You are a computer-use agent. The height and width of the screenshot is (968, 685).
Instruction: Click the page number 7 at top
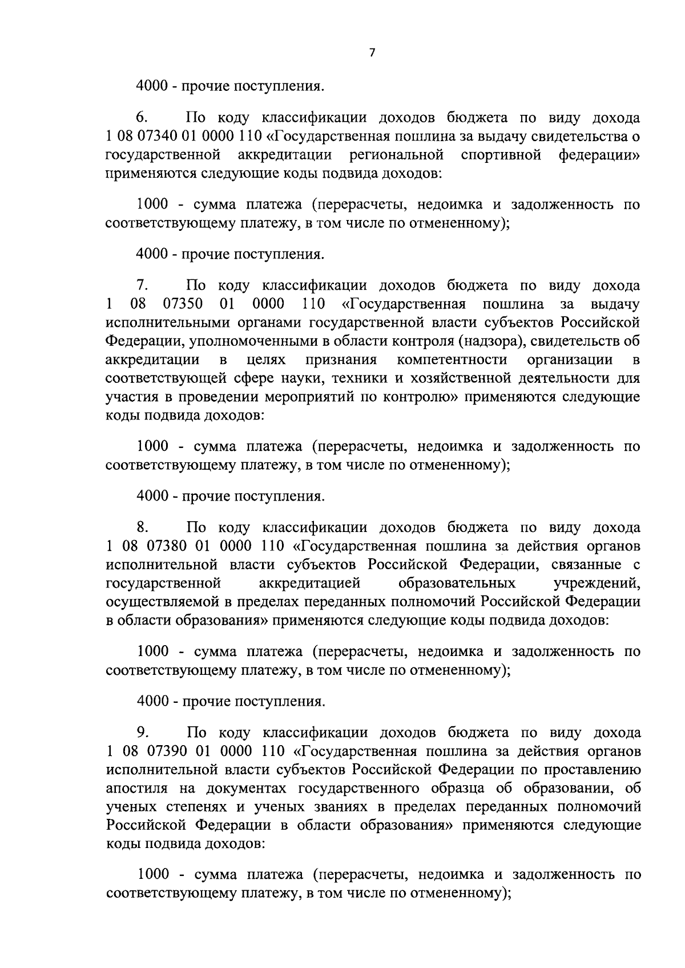[372, 53]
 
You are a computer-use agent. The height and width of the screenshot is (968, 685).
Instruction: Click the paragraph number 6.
[142, 118]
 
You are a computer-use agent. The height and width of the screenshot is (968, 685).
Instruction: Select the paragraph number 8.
[142, 527]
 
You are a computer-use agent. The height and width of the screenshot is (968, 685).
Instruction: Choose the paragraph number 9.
[142, 731]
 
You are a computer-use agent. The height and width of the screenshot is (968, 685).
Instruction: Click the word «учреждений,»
[597, 583]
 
